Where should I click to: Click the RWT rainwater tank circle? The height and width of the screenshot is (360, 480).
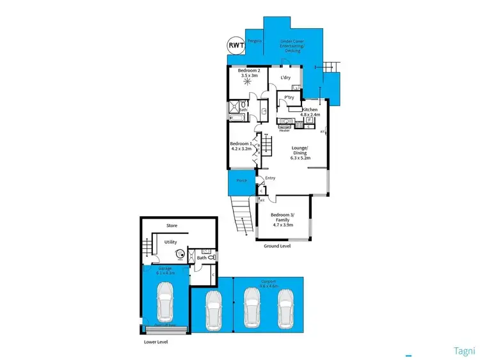point(237,45)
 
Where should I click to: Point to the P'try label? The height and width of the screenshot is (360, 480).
point(289,98)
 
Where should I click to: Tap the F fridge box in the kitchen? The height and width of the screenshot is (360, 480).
point(309,120)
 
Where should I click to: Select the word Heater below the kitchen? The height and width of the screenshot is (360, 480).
point(285,130)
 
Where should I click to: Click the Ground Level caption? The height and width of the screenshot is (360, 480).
point(277,245)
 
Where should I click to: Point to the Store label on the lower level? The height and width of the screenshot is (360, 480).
point(172,226)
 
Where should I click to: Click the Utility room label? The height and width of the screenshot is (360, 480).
point(171,242)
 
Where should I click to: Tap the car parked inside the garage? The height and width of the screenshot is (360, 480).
point(165,302)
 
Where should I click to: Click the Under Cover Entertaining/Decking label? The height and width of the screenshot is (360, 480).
point(294,46)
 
